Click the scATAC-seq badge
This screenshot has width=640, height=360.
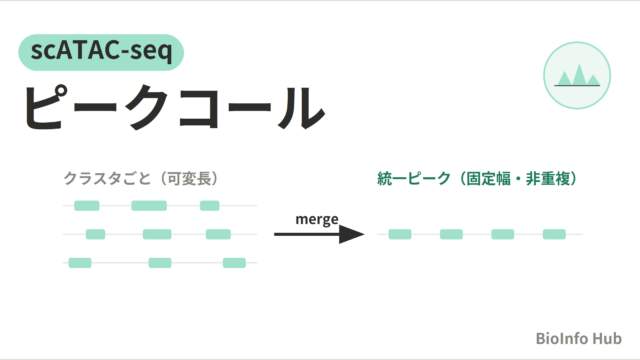click(101, 52)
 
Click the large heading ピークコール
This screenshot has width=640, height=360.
click(174, 108)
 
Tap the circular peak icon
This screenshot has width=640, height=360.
click(577, 76)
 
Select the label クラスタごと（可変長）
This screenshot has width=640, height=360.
click(141, 178)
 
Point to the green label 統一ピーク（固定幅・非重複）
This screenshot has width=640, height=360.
click(478, 178)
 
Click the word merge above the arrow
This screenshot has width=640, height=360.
click(317, 219)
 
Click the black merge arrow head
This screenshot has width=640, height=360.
click(351, 234)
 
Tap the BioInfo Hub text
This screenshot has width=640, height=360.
click(578, 338)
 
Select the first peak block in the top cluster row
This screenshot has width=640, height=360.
click(87, 206)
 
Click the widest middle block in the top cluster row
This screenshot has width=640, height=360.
click(149, 206)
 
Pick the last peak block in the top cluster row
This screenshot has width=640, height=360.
click(210, 206)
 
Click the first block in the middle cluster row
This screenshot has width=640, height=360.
click(96, 234)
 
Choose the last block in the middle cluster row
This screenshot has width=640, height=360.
click(218, 234)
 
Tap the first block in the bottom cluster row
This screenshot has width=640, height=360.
click(80, 263)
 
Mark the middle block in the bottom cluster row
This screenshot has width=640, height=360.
click(160, 263)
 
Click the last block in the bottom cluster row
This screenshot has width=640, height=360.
click(234, 263)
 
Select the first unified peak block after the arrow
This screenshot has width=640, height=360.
click(400, 234)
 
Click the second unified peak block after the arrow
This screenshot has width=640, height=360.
click(451, 234)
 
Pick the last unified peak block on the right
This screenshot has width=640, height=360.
click(554, 234)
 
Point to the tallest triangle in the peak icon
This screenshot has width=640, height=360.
click(579, 77)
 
